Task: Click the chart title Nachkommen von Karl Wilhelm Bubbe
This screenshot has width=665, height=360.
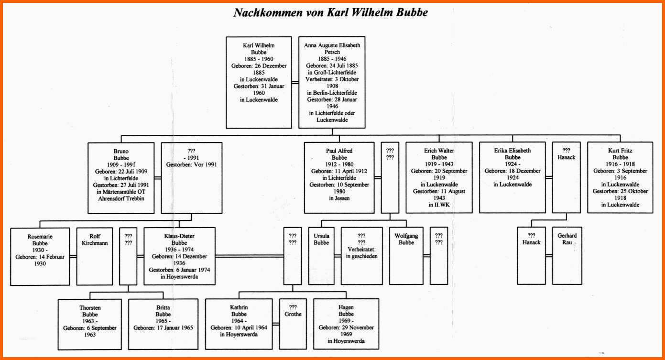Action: click(330, 12)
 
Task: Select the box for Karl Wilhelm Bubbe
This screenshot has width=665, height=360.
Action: click(259, 83)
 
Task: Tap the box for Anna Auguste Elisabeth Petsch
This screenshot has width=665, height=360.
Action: click(332, 83)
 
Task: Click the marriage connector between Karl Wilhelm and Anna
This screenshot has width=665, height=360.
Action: click(295, 83)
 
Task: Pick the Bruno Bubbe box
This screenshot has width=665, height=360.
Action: click(121, 178)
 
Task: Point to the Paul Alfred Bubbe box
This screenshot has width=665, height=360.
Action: click(339, 177)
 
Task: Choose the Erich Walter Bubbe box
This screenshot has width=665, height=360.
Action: click(439, 177)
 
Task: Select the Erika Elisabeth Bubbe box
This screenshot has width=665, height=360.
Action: click(512, 177)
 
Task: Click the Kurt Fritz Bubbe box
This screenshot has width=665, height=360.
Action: click(620, 177)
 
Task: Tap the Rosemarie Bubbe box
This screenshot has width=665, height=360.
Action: click(40, 257)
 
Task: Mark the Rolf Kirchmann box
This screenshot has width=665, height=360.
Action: click(95, 256)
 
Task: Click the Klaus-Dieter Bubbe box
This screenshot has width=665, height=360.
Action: click(180, 256)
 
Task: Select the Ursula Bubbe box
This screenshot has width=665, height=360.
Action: click(321, 256)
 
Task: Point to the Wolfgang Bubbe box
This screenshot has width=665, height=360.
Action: click(406, 256)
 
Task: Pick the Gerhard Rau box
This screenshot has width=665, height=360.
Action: click(567, 256)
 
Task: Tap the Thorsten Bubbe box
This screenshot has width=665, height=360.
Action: click(90, 325)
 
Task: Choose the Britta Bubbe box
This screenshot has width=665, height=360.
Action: click(164, 324)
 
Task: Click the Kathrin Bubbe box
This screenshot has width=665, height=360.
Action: click(239, 324)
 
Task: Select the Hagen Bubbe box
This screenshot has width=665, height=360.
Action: click(346, 324)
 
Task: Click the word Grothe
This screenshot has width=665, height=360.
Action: click(293, 314)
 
